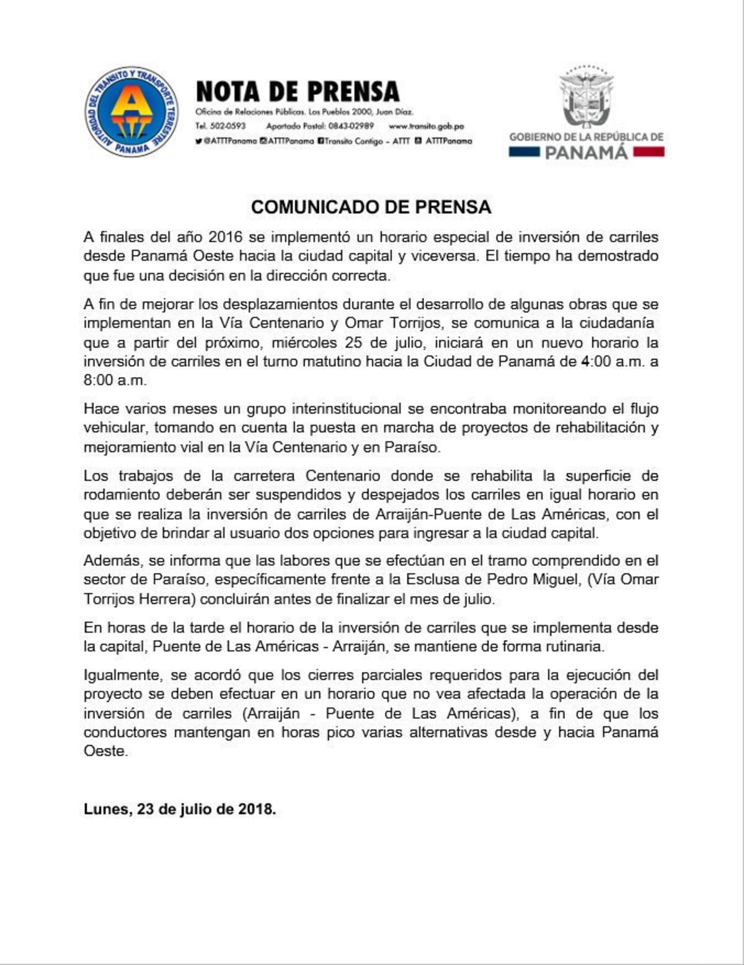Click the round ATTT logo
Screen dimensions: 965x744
tap(131, 112)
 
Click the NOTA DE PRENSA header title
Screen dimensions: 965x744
tap(298, 92)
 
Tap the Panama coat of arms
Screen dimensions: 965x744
tap(586, 97)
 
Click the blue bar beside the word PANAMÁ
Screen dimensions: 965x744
tap(524, 152)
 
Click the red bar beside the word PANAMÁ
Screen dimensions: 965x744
tap(649, 152)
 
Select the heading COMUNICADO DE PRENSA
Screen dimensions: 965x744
tap(371, 207)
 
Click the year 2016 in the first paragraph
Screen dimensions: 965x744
tap(226, 237)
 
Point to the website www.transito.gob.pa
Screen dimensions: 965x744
tap(426, 126)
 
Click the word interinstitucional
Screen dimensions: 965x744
tap(337, 409)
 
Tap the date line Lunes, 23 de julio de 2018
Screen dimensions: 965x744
tap(180, 809)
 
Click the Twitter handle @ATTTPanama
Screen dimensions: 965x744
tap(229, 141)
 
